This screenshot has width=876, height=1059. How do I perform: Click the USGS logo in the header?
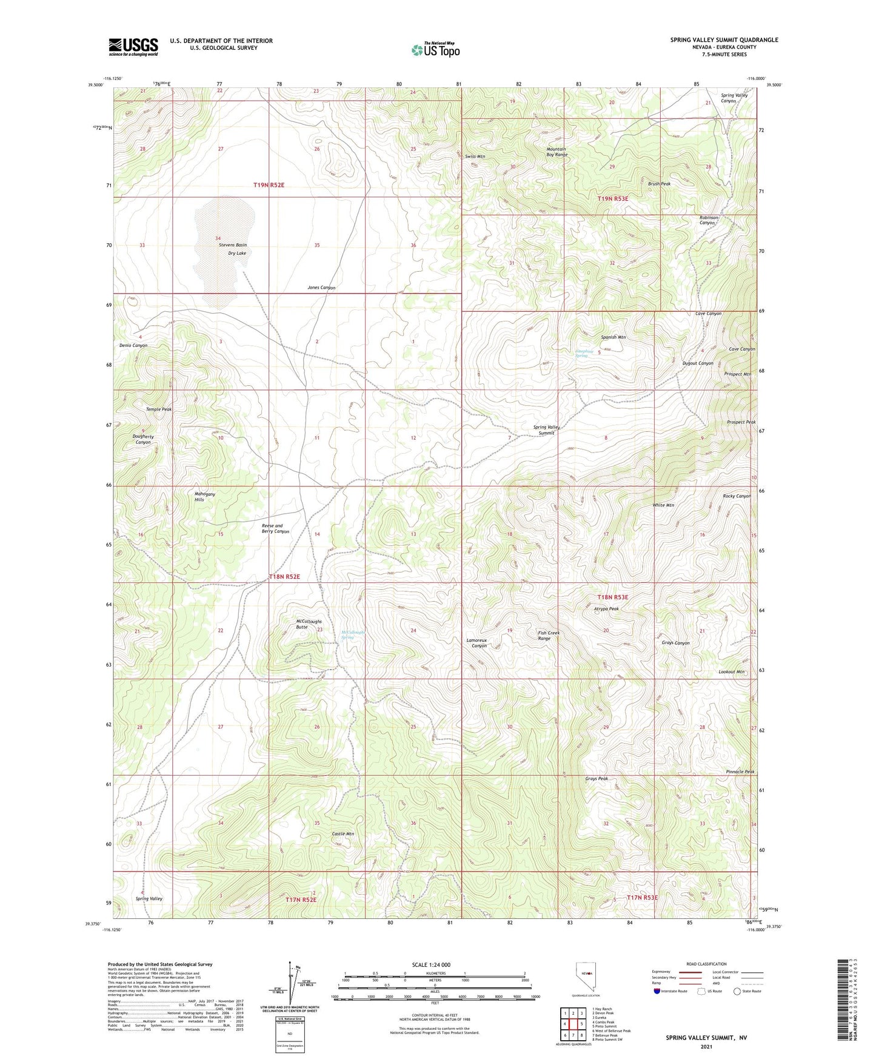coord(133,47)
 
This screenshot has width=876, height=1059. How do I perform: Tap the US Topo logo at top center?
coord(435,50)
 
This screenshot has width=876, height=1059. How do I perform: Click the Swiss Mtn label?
coord(475,156)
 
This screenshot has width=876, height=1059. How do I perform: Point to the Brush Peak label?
coord(659,184)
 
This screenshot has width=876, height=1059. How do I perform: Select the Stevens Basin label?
coord(233,245)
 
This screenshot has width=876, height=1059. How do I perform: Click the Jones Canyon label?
coord(321,287)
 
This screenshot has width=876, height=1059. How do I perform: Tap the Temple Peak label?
coord(159,409)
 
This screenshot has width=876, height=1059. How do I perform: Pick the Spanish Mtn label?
coord(614,337)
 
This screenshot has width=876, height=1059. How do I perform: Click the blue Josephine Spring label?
coord(581,353)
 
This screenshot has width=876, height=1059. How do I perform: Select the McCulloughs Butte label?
coord(309,624)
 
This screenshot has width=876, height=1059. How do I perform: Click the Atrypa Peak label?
coord(606,608)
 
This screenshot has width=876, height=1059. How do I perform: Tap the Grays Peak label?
coord(597,779)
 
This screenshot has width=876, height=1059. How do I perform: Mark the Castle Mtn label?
coord(343,834)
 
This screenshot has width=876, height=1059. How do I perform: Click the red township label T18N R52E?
coord(284,577)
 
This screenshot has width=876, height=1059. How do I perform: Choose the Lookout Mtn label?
coord(731,672)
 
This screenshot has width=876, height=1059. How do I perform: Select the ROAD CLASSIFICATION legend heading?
coord(706,964)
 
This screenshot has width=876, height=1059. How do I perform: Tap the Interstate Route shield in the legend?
coord(657,992)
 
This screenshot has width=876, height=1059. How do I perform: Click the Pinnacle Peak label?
coord(740,772)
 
